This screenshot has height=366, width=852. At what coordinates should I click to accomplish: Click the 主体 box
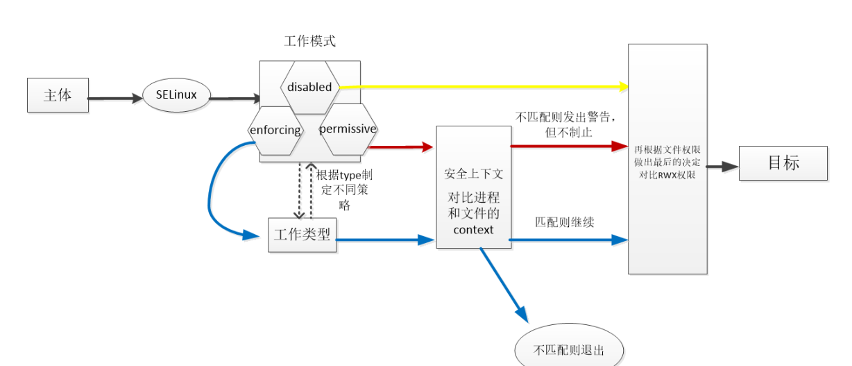[58, 96]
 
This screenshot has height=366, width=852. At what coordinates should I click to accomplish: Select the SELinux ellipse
[176, 96]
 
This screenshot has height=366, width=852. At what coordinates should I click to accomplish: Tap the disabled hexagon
[309, 87]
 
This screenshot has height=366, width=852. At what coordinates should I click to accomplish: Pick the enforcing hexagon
[275, 130]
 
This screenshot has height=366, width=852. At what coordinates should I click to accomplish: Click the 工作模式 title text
[309, 41]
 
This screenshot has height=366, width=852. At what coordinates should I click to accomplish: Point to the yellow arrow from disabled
[486, 87]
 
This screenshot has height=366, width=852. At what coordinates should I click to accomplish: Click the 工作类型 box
[302, 235]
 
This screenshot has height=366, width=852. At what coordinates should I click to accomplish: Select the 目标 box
[783, 163]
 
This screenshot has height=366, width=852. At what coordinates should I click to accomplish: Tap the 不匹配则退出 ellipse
[569, 349]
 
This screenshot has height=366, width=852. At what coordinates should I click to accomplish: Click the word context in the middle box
[473, 229]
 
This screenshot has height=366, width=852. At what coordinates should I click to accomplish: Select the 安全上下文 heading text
[473, 174]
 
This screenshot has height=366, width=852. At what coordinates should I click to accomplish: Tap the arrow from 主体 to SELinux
[114, 99]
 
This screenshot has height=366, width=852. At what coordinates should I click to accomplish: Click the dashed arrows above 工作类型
[305, 191]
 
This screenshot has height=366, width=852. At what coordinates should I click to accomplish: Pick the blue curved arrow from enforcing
[212, 194]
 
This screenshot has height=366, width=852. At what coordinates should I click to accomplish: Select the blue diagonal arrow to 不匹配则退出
[503, 285]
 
